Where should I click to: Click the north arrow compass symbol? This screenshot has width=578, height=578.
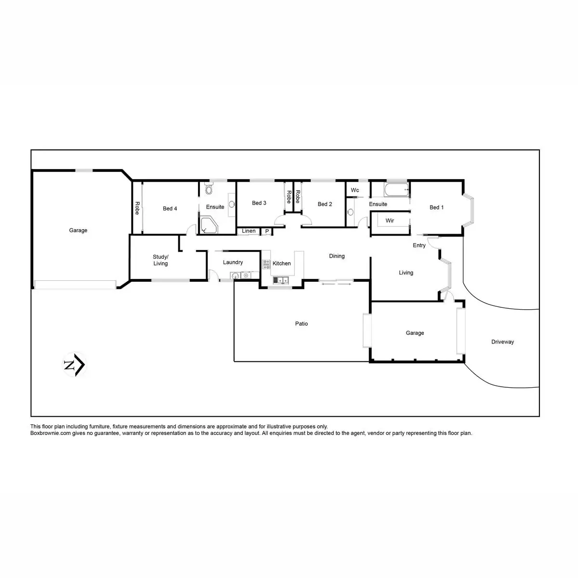coord(75,365)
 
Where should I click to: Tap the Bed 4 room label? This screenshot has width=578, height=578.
coord(170,209)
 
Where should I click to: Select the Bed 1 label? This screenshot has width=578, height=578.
coord(436,207)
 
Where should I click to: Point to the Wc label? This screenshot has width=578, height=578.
coord(355,190)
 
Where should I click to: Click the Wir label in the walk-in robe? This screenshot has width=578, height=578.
coord(390,221)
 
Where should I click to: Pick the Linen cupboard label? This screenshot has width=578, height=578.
coord(249,231)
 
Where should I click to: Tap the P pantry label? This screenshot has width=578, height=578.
coord(267,232)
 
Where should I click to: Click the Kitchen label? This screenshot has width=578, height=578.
coord(282,263)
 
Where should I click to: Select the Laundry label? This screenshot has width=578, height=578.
coord(233,263)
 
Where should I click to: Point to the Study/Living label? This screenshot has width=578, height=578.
coord(160,260)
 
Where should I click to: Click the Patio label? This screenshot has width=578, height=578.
coord(302,324)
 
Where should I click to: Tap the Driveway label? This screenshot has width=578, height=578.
coord(502,342)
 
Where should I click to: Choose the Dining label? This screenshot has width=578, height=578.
coord(337,256)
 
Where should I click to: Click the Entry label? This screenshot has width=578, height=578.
coord(419,245)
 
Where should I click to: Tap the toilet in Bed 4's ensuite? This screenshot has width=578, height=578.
coord(209,188)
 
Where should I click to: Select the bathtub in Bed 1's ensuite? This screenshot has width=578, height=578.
coord(397,190)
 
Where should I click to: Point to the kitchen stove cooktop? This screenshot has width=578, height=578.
coord(266,264)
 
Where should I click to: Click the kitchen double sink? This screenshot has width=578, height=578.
coord(281,279)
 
